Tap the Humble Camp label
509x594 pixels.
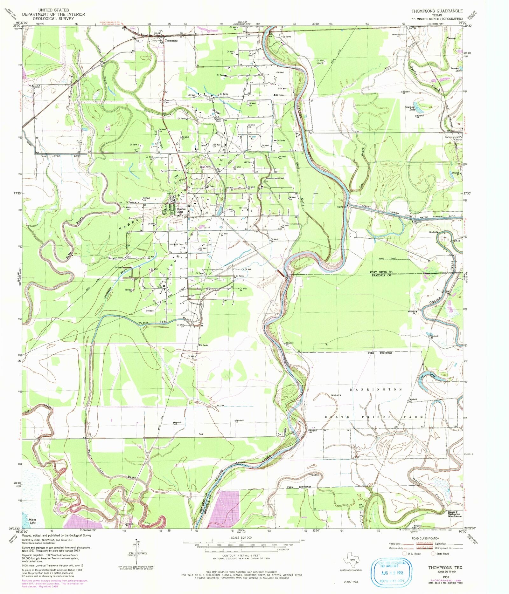(181, 210)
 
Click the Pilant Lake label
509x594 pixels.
(32, 521)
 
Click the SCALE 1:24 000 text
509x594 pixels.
(241, 537)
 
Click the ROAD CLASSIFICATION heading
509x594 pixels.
(426, 538)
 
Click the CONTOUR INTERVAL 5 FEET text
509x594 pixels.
(241, 556)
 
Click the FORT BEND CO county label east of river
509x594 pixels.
(381, 273)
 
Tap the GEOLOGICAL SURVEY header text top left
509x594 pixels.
(53, 18)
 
